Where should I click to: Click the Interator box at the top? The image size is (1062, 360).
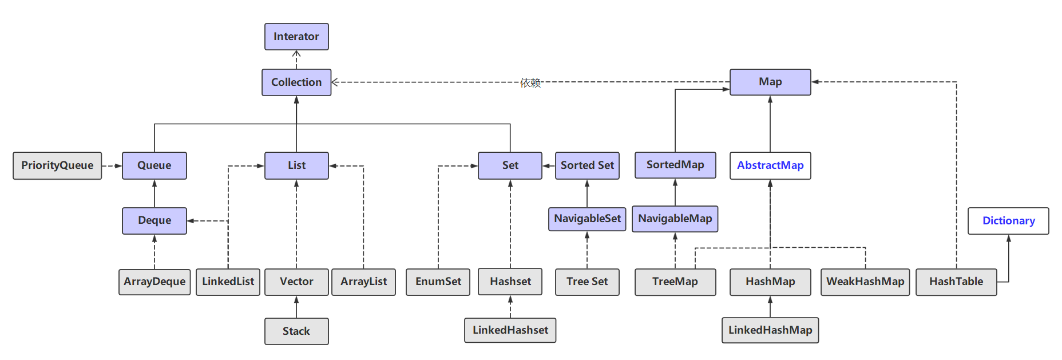(296, 37)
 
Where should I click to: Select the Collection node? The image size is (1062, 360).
(296, 82)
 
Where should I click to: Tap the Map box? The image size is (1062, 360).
(770, 82)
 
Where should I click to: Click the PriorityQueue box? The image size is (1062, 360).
(57, 165)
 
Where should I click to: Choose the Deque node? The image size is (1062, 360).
(154, 220)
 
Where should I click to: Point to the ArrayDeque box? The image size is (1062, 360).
(154, 282)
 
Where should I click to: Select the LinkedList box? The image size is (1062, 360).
(228, 282)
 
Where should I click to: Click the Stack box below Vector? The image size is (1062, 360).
(296, 331)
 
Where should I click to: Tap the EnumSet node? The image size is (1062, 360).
(438, 282)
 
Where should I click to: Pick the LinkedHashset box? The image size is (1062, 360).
(510, 330)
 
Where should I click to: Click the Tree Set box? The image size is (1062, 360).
(587, 282)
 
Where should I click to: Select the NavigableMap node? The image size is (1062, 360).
(675, 219)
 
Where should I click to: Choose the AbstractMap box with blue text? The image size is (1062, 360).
(770, 165)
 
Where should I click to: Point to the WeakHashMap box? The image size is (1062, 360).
(865, 282)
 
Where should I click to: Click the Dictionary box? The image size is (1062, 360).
(1008, 221)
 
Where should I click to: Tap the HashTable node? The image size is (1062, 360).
(956, 282)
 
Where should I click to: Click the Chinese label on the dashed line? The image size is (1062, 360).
(530, 82)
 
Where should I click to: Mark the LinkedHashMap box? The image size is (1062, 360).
(770, 330)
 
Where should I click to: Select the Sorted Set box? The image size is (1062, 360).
(587, 165)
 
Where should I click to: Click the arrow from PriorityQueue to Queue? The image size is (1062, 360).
(112, 166)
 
